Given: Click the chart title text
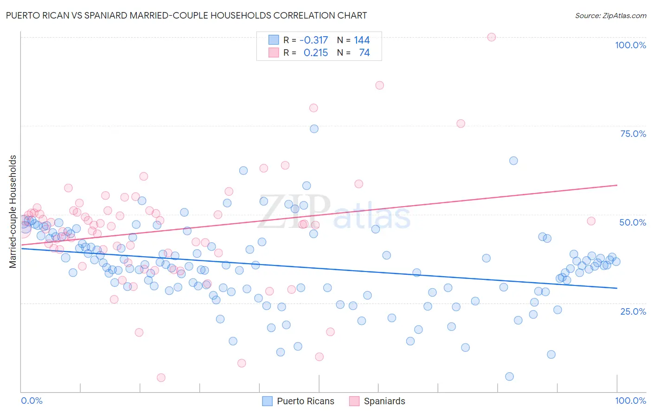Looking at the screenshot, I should (x=185, y=15).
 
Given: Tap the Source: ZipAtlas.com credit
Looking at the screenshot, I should (x=610, y=15).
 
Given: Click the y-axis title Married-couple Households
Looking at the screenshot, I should (x=13, y=212).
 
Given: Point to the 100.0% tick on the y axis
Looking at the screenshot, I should (x=630, y=45).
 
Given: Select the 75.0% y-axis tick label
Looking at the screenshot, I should (x=633, y=134).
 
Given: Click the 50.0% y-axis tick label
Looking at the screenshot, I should (x=633, y=222).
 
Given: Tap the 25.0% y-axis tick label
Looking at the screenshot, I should (x=633, y=311).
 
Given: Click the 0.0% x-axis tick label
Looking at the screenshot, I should (x=32, y=401).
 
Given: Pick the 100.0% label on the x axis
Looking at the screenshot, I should (x=630, y=401).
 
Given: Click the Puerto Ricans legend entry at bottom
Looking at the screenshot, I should (x=298, y=401).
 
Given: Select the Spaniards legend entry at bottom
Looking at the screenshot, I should (x=377, y=401).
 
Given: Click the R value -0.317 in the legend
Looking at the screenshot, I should (x=314, y=40).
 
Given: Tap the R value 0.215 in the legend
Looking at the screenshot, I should (x=316, y=53).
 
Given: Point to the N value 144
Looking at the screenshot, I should (x=362, y=40).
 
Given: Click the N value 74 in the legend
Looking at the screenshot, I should (x=364, y=53).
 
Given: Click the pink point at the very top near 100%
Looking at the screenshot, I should (x=492, y=37).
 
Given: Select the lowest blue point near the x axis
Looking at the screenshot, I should (x=509, y=376).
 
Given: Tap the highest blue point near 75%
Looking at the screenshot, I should (x=314, y=129).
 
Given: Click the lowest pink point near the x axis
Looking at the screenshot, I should (x=161, y=378).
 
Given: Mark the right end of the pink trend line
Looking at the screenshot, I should (x=617, y=185).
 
